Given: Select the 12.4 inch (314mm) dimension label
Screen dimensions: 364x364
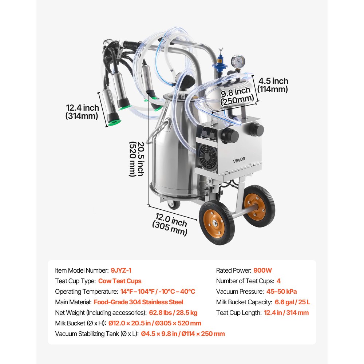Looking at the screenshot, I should [x=82, y=112].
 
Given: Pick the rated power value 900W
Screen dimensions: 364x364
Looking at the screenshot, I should [x=263, y=270].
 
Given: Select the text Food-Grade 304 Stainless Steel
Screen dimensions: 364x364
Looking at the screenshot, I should [x=138, y=302].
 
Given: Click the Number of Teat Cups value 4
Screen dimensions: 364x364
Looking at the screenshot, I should [x=278, y=281].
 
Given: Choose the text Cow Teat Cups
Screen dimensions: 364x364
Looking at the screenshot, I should [x=120, y=281].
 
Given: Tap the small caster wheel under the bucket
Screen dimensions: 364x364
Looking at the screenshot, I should [x=174, y=205].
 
